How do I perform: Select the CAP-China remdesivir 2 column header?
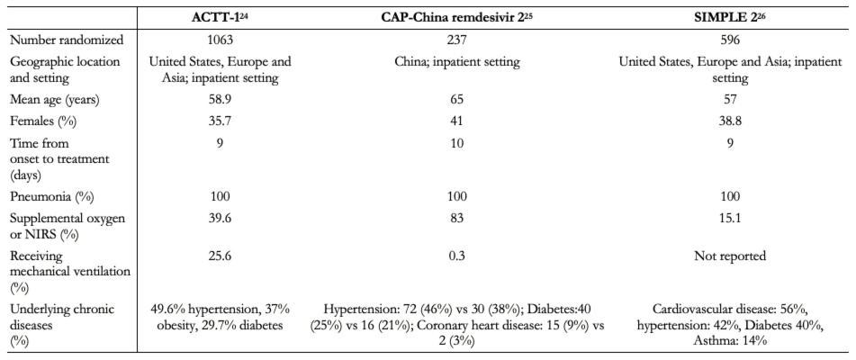coord(456,16)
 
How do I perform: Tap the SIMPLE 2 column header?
coord(731,16)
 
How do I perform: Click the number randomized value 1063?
coord(221,40)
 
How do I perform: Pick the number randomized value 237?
coord(456,40)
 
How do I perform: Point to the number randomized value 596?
coord(731,40)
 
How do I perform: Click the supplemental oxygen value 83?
coord(456,221)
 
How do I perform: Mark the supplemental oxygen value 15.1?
coord(731,221)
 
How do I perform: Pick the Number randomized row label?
coord(58,40)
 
